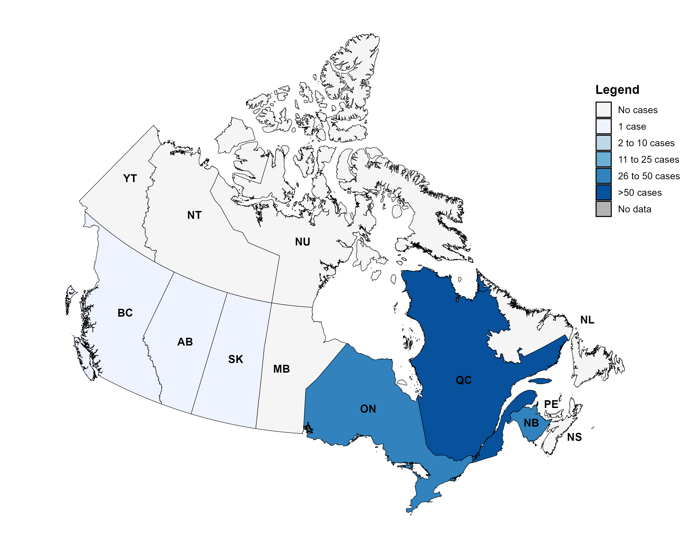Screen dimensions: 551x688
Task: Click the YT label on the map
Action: coord(130,178)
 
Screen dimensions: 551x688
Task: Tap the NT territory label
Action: coord(194,215)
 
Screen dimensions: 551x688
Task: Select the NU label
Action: coord(302,242)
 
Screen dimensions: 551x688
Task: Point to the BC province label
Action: coord(125,313)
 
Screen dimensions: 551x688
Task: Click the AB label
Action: coord(185,342)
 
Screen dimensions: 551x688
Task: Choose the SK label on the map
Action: coord(236,359)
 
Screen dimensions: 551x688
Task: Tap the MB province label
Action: coord(281,369)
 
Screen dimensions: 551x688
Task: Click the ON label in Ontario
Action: coord(368,409)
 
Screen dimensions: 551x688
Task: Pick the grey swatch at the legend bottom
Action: coord(603,209)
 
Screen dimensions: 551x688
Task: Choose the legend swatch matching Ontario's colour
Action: coord(603,176)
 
